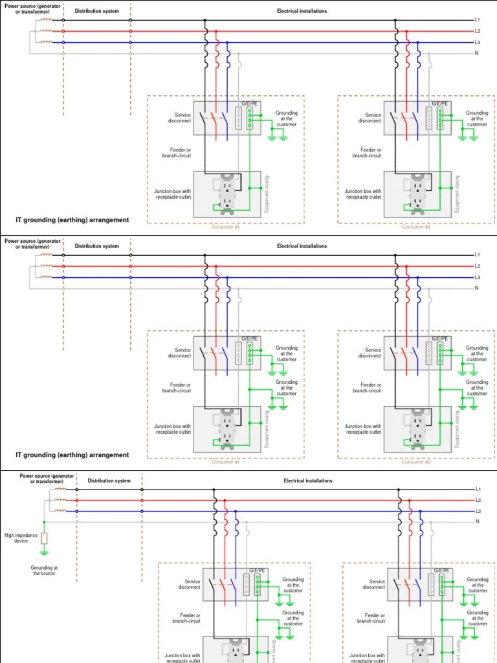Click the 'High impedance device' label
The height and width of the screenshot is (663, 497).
click(x=21, y=538)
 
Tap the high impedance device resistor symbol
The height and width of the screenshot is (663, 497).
click(x=44, y=538)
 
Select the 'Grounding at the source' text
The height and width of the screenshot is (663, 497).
click(x=44, y=570)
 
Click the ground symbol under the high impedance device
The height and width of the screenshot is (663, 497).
click(x=44, y=552)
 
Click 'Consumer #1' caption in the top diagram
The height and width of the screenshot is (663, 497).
click(x=225, y=227)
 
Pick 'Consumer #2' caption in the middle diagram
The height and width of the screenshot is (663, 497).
click(x=415, y=462)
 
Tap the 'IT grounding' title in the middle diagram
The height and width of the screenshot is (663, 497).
click(x=72, y=455)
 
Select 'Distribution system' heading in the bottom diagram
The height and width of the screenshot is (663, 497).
click(x=109, y=481)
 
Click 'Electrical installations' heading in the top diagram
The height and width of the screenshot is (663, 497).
click(x=302, y=11)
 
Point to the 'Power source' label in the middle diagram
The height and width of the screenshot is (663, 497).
click(x=32, y=243)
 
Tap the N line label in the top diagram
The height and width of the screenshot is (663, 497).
click(x=477, y=53)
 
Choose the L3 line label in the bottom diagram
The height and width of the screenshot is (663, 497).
click(x=478, y=511)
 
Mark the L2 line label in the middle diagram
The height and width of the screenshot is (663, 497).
click(x=477, y=266)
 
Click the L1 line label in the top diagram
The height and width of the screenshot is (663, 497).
click(x=477, y=20)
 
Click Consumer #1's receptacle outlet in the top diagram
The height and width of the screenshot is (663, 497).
click(x=227, y=192)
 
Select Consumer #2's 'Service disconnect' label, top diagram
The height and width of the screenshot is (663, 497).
click(x=370, y=118)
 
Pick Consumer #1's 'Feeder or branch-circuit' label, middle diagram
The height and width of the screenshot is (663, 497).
click(x=177, y=388)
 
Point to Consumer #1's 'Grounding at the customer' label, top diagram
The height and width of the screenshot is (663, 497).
click(x=287, y=118)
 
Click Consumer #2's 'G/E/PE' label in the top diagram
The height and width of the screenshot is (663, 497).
click(x=440, y=103)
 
